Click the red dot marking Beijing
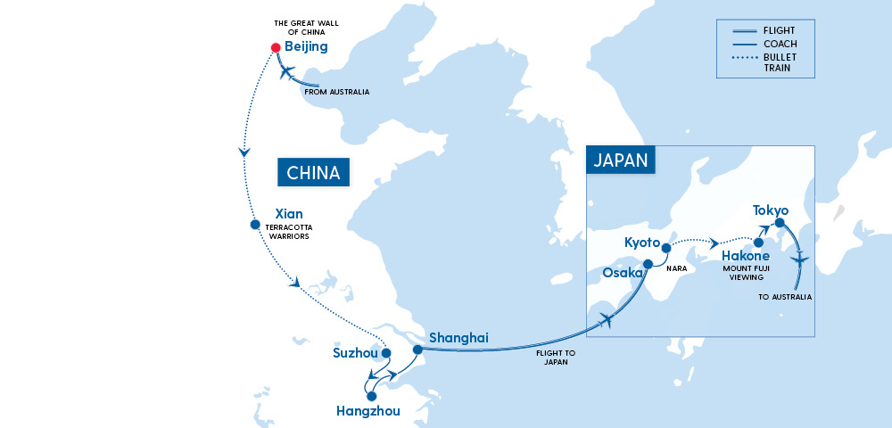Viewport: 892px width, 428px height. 276,47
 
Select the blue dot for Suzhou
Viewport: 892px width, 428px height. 386,353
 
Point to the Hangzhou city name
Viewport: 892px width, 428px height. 368,411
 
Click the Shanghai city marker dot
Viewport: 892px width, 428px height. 417,350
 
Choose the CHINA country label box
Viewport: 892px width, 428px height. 313,173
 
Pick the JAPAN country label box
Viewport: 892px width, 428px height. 621,160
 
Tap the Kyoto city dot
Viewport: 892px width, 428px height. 666,248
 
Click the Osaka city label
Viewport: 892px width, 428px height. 622,272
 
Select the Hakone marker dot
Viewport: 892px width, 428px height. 758,243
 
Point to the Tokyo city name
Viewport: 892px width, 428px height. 771,210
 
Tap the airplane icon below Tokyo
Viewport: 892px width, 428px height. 800,259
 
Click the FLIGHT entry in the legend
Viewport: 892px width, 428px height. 780,30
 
